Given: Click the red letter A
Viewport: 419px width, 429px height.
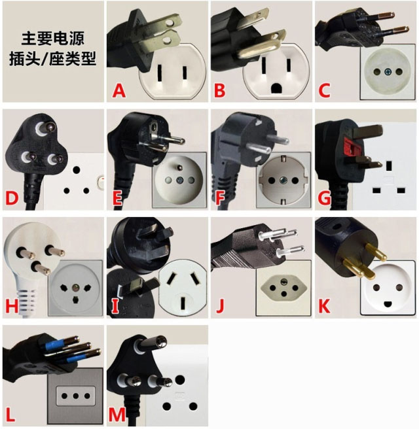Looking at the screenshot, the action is (119, 90).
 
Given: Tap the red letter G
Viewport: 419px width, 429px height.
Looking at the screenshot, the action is (324, 197).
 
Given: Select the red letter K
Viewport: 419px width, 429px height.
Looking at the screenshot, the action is (324, 305).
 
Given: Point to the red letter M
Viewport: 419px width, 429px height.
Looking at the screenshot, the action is (117, 414).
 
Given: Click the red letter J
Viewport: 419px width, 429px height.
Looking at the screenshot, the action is (220, 305).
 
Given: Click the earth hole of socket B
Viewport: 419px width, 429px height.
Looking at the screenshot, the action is (276, 88).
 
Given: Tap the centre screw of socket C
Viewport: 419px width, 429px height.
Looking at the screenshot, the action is (388, 72).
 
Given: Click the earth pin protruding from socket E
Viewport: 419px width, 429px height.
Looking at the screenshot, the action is (180, 167).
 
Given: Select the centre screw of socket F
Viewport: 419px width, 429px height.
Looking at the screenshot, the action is (283, 180).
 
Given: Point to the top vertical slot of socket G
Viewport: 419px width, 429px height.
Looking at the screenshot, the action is (389, 165).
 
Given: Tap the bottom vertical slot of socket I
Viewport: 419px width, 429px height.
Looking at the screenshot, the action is (183, 303).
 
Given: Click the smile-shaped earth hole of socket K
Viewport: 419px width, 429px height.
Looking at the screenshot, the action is (388, 303).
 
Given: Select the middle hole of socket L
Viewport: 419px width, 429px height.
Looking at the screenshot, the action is (75, 396).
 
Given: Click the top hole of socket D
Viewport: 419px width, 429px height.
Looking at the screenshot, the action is (77, 170).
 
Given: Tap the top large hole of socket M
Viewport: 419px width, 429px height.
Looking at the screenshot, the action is (180, 379).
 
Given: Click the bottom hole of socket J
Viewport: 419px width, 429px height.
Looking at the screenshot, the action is (284, 294).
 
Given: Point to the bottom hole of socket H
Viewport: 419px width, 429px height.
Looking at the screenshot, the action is (74, 299).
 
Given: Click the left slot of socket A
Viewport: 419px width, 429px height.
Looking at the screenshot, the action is (160, 73).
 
